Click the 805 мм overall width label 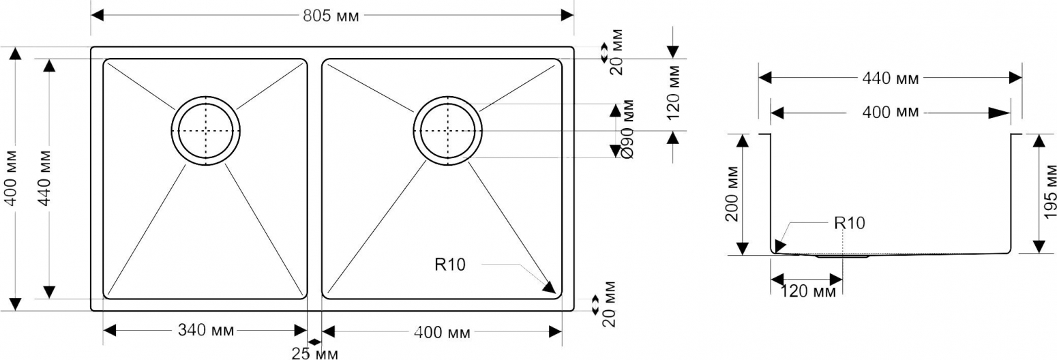click(331, 16)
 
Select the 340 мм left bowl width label click(206, 330)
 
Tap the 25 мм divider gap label click(315, 353)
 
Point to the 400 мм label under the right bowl click(442, 333)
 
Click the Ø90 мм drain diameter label click(627, 129)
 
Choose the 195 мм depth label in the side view click(1049, 188)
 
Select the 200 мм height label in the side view click(732, 194)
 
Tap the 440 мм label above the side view click(891, 78)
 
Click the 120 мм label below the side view click(808, 292)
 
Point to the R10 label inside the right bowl click(449, 265)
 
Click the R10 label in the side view click(850, 223)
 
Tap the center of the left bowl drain click(206, 131)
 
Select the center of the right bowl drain click(448, 131)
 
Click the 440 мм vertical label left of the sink click(44, 178)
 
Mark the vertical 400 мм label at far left click(10, 178)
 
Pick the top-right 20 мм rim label click(616, 52)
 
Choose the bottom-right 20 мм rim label click(609, 304)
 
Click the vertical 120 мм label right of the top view click(673, 93)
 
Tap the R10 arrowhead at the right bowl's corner click(550, 287)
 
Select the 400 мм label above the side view click(891, 112)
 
